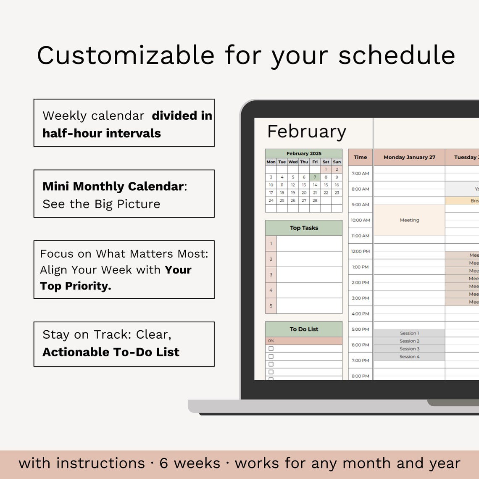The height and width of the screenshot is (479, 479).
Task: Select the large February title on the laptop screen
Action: [x=306, y=132]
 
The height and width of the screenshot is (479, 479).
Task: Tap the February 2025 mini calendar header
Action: [x=304, y=153]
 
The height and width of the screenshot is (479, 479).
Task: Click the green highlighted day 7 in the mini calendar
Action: [x=315, y=177]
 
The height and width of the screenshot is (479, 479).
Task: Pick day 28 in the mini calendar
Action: [x=315, y=200]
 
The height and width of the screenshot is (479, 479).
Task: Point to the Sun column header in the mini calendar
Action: [x=337, y=162]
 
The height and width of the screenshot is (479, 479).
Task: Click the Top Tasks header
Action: [x=304, y=228]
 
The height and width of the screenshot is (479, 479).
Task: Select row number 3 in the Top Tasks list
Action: [x=271, y=275]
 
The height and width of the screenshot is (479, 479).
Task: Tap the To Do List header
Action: [x=304, y=329]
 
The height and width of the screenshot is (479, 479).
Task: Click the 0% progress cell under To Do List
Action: [x=304, y=341]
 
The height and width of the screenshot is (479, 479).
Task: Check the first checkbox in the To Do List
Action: [x=271, y=349]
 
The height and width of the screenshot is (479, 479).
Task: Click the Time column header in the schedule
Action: [x=360, y=157]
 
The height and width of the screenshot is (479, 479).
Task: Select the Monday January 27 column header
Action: [x=409, y=157]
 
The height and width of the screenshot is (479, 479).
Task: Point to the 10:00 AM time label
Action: [x=360, y=220]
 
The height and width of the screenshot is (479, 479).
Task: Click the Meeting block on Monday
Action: [x=409, y=220]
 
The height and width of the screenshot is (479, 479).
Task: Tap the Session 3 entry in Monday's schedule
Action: [x=409, y=349]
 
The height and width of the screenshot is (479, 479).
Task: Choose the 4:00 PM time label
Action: [x=360, y=313]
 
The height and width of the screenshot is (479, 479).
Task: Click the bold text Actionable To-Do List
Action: [x=111, y=352]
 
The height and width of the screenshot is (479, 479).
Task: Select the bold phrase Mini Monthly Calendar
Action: [x=113, y=186]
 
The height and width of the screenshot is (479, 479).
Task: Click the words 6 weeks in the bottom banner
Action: [x=189, y=463]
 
